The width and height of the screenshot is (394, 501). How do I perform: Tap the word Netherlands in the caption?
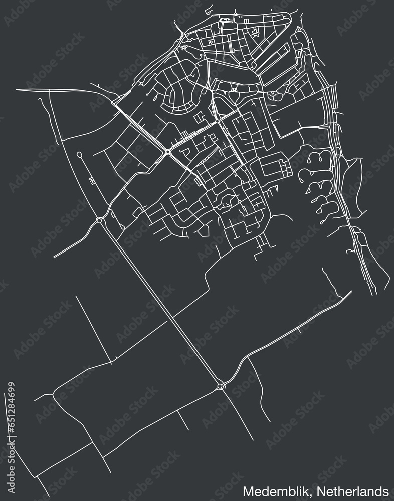click(359, 489)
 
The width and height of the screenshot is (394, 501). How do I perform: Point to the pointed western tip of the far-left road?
click(17, 89)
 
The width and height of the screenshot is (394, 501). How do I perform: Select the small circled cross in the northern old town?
click(234, 90)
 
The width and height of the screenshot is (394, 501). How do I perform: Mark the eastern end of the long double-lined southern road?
click(351, 292)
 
